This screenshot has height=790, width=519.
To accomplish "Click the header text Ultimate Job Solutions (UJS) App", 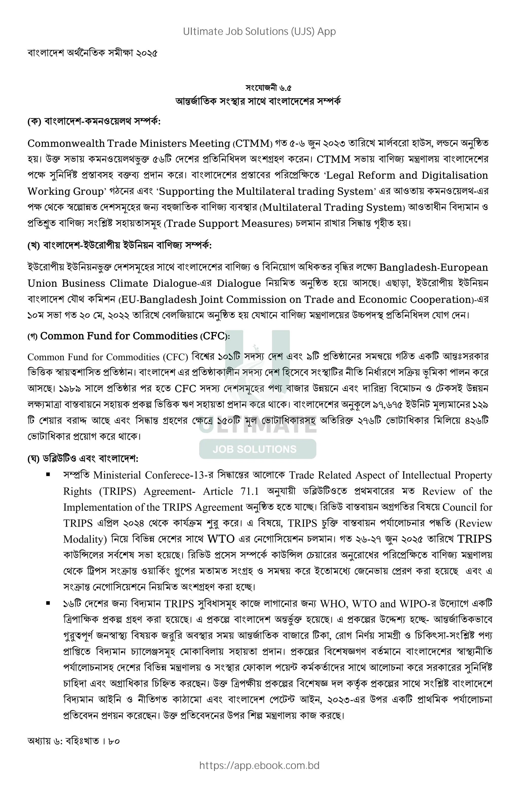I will [x=259, y=31].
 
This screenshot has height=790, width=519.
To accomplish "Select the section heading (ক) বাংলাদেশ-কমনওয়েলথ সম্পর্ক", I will [x=94, y=122].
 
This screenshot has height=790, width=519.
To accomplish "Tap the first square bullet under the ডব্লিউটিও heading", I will [x=48, y=475].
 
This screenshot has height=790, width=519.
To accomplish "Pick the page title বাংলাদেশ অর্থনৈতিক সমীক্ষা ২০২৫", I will [x=92, y=53].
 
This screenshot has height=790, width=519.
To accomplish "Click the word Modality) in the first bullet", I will [x=85, y=539].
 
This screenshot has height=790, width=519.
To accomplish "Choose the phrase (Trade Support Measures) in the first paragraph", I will [x=228, y=224].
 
